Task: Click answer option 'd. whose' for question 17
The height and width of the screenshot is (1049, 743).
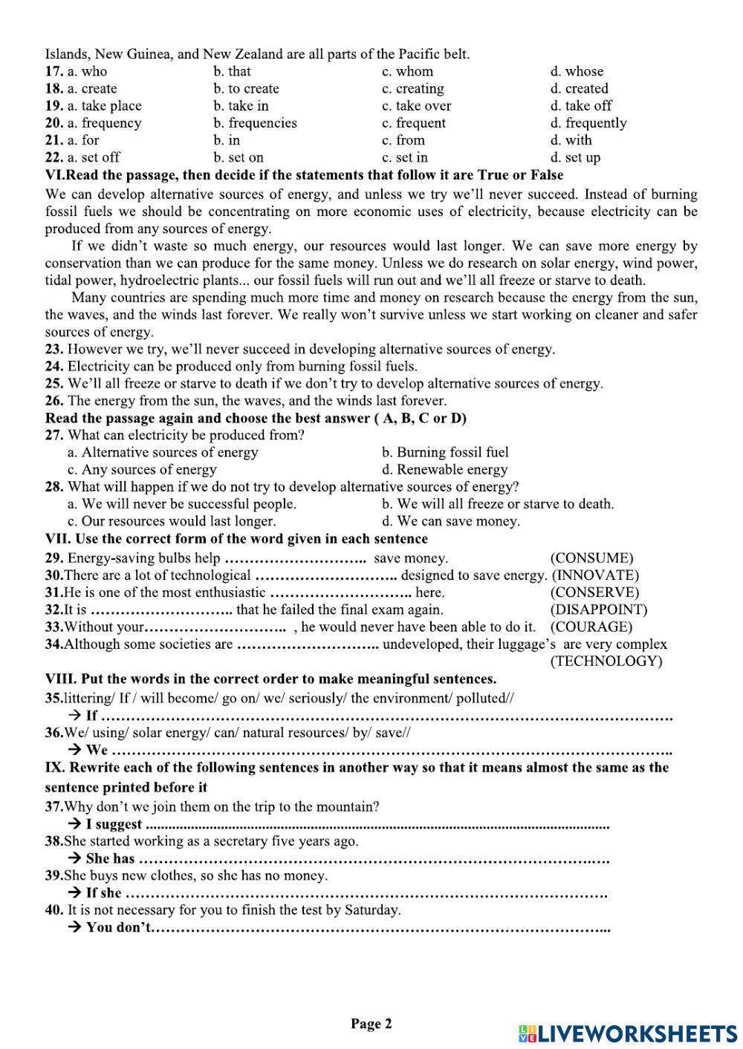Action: (577, 71)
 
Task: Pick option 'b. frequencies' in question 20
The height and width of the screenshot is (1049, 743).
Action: (255, 122)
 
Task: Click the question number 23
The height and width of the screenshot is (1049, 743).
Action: (53, 349)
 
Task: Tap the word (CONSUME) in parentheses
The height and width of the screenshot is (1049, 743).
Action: (591, 558)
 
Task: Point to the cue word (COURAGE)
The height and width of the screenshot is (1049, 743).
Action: (591, 627)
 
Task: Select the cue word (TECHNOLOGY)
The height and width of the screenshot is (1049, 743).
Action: (606, 661)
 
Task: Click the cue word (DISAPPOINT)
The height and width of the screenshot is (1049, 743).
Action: (599, 610)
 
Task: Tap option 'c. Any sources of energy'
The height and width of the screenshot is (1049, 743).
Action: (142, 469)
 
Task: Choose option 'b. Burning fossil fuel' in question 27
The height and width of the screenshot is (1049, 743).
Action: (445, 452)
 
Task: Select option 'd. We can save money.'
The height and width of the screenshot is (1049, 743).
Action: (451, 520)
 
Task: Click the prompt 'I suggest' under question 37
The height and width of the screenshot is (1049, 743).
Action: (114, 824)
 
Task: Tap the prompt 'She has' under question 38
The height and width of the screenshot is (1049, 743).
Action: (110, 858)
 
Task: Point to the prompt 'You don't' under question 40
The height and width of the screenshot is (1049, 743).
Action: (118, 927)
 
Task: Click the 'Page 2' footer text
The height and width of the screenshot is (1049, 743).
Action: (371, 1025)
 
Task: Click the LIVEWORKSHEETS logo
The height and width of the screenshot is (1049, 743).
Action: (628, 1033)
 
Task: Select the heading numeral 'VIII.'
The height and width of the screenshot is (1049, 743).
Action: (60, 679)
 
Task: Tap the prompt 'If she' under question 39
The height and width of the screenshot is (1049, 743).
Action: (103, 893)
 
